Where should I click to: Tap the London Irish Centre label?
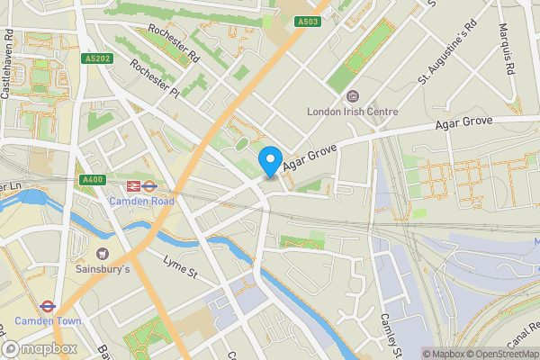click(352, 112)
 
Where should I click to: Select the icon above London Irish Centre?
click(352, 96)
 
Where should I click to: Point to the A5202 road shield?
click(98, 58)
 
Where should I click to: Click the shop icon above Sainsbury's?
click(103, 254)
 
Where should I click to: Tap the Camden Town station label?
click(48, 321)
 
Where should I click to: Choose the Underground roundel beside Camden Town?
click(48, 306)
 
